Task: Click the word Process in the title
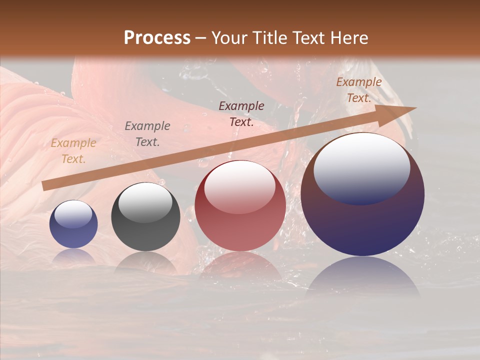(157, 38)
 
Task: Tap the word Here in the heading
(346, 38)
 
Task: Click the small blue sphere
(73, 224)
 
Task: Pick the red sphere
(240, 206)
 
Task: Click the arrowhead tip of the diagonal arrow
(415, 107)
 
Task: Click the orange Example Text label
(73, 151)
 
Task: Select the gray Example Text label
(147, 134)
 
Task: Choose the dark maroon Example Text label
(241, 114)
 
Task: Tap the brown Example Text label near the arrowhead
(359, 90)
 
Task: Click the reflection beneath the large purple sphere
(362, 277)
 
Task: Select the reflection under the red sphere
(240, 265)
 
